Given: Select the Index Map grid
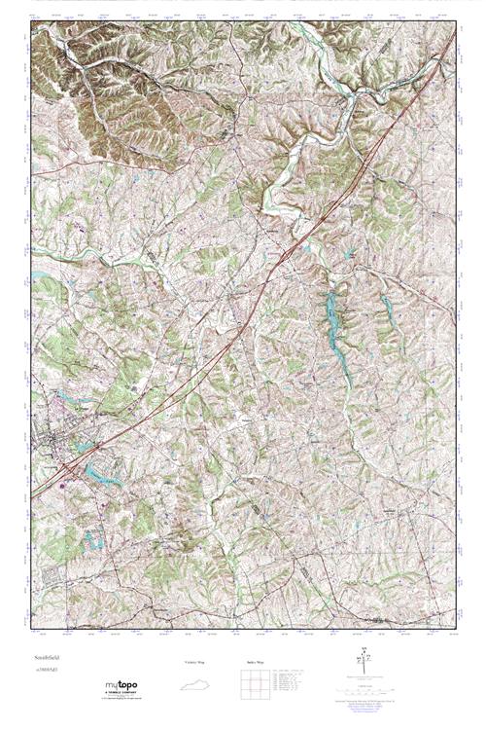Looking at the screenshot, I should [256, 683].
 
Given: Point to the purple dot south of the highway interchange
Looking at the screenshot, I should [65, 479].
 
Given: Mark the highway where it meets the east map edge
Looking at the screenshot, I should [454, 38].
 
